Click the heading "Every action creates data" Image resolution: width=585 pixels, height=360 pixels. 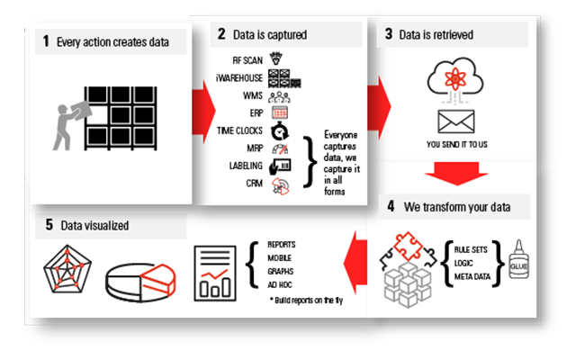tap(112, 41)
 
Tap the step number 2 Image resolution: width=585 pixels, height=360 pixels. tap(221, 35)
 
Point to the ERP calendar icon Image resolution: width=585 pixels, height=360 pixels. tap(279, 112)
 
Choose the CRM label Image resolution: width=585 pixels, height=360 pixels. tap(254, 183)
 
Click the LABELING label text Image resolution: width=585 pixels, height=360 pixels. tap(246, 166)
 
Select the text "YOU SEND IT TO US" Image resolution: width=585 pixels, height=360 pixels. tap(456, 142)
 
